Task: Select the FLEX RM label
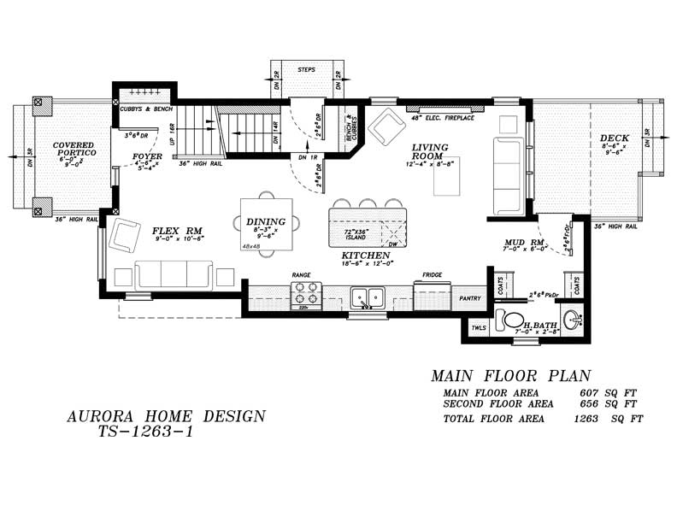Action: [177, 231]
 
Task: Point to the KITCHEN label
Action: [365, 256]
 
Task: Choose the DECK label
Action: [614, 138]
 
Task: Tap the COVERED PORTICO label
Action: [73, 149]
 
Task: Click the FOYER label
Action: [147, 156]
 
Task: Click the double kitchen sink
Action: [368, 297]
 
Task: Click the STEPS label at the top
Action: [306, 68]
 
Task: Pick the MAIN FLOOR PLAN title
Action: [509, 376]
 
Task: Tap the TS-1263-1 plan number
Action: [146, 432]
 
